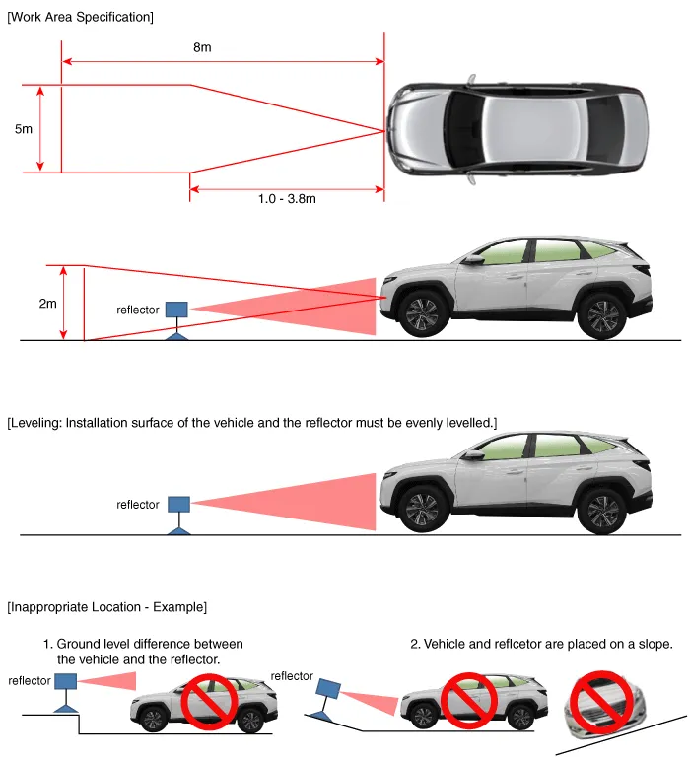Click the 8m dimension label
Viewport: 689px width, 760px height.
pos(202,47)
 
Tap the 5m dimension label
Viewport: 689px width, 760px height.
pos(24,129)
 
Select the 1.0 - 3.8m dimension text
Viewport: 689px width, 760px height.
pos(287,199)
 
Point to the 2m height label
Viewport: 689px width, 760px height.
pos(48,304)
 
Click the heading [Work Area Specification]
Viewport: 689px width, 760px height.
pos(81,17)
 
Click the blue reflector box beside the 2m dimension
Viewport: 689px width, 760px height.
pos(176,310)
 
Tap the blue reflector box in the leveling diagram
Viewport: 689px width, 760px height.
pos(178,504)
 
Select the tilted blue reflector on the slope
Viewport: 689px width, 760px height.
pos(328,689)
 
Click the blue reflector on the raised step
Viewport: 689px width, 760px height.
pos(65,681)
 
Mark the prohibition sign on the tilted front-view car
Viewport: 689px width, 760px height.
pos(601,702)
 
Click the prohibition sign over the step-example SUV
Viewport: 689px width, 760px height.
pos(209,701)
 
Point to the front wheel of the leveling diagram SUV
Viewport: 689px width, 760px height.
pos(422,510)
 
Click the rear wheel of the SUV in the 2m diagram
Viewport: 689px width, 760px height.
pos(602,317)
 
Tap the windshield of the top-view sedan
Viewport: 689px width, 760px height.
pos(463,129)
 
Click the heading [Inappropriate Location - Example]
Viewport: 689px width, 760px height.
pos(107,607)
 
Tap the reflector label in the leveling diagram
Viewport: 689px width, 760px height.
pos(138,505)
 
